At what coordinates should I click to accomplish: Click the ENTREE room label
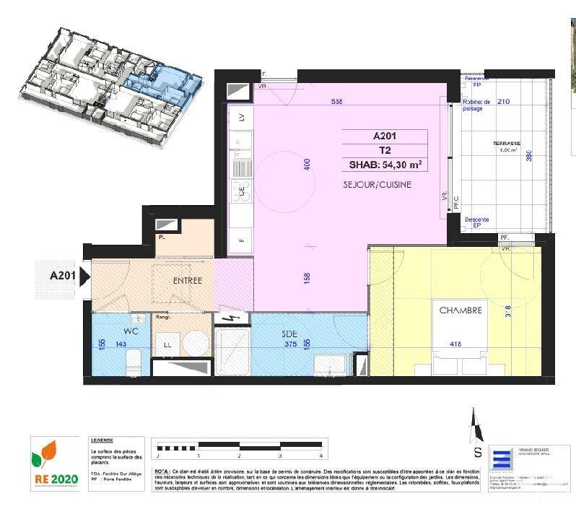188,280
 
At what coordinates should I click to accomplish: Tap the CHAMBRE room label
461,310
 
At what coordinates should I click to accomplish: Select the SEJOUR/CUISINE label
378,185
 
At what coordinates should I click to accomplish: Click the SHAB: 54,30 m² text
385,165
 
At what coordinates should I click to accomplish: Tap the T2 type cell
385,150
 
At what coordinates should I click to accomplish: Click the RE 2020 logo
55,462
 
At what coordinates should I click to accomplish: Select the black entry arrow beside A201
85,276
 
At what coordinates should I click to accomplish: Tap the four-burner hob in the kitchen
240,191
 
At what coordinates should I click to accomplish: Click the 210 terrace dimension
503,102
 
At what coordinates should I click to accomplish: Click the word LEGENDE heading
102,440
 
